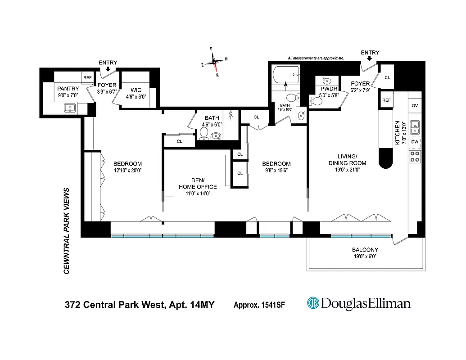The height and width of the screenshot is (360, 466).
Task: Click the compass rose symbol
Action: pos(215,62)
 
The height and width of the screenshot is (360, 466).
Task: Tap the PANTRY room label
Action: pos(68,89)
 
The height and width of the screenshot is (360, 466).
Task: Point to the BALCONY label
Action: pos(365,250)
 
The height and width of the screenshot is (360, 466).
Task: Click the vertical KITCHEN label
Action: pos(398,133)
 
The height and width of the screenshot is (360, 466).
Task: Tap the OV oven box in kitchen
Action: pos(415,106)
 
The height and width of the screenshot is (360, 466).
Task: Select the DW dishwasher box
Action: pos(415,142)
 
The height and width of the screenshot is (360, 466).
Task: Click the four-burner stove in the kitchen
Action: pos(415,156)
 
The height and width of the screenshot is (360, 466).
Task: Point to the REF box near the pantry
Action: pos(87,77)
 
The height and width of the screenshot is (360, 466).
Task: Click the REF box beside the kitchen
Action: pos(386,100)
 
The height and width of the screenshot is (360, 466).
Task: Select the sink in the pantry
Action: pos(69,108)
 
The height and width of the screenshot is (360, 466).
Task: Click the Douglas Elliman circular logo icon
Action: pos(313,303)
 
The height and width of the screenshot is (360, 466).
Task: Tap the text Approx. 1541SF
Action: pos(259,305)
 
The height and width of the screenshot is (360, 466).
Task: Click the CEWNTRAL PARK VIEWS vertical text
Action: pos(67,231)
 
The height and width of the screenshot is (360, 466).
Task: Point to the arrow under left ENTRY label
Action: pos(108,69)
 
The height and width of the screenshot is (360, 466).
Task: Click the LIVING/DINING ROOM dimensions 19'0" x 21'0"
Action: pos(347,170)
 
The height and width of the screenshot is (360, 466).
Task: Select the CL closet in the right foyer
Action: pos(387,77)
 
